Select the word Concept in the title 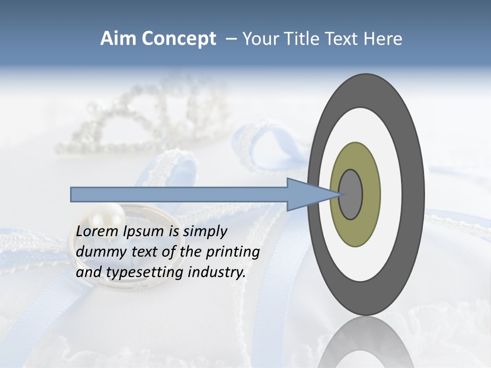pos(178,39)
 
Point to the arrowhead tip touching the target pos(340,194)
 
